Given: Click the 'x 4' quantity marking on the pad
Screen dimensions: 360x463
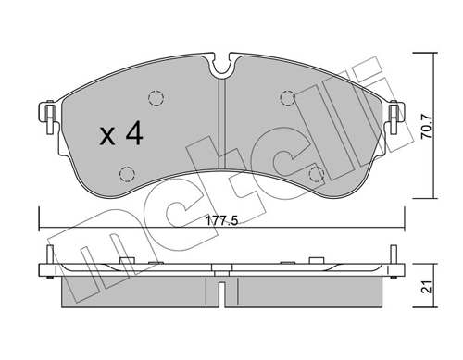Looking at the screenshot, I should pos(121,135).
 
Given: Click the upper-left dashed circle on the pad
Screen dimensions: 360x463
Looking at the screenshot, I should pos(156,99).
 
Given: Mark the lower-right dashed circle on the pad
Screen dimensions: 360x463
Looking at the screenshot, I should pos(315,172).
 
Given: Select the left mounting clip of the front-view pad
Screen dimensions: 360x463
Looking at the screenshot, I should pos(44,116).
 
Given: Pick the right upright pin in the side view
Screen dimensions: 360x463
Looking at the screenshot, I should pos(395,260).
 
